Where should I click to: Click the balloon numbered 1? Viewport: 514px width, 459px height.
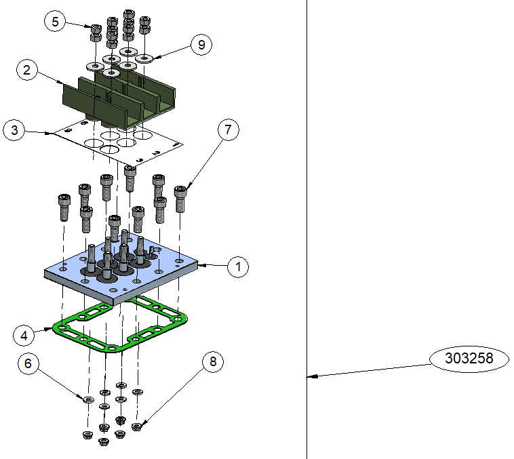[238, 267]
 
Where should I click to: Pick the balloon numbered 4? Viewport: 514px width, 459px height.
[24, 334]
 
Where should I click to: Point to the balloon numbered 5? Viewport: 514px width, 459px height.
[55, 22]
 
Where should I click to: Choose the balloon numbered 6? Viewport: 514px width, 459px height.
[28, 363]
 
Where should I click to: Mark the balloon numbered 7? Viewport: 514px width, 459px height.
[229, 131]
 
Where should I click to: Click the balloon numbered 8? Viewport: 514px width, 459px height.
[213, 362]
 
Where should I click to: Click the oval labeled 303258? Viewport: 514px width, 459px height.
[469, 357]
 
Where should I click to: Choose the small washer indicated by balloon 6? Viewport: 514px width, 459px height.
[88, 399]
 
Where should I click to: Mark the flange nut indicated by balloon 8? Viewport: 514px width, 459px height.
[136, 426]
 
